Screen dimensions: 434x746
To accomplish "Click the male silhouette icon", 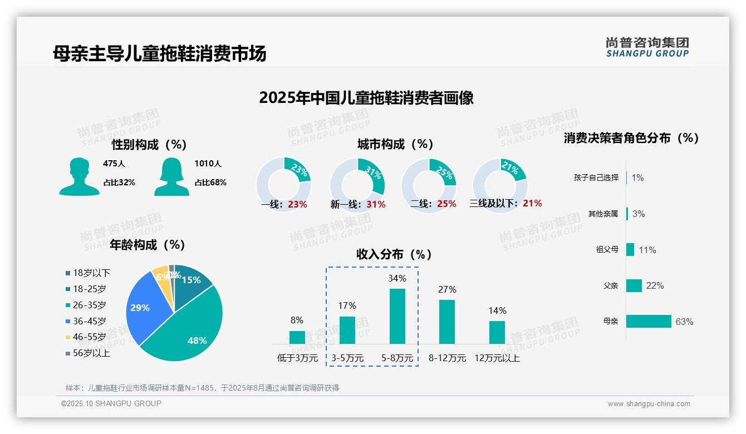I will [x=79, y=176].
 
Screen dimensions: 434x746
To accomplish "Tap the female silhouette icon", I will [x=171, y=176].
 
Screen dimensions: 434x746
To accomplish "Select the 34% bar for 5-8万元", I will [x=397, y=316].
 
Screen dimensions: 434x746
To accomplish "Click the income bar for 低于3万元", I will [x=297, y=337].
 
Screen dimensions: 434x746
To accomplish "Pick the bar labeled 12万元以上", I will [x=497, y=332].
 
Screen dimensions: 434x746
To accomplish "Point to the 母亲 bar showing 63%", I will [x=649, y=322].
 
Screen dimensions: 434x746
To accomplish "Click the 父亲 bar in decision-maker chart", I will [x=634, y=285].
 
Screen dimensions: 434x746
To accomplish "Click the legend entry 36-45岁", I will [x=89, y=321].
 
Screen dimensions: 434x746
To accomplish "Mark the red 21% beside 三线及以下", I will [x=532, y=204].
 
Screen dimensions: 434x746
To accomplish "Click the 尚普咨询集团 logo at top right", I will [x=647, y=47].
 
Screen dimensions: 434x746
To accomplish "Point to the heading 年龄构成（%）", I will [x=147, y=245].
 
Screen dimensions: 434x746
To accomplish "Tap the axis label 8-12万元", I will [x=447, y=358].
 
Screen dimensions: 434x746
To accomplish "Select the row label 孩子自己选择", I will [x=596, y=177].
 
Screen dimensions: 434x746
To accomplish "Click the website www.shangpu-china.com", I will [x=649, y=404].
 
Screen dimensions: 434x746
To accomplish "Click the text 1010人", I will [x=208, y=164].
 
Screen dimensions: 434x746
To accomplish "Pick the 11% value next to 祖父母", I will [x=647, y=250].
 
